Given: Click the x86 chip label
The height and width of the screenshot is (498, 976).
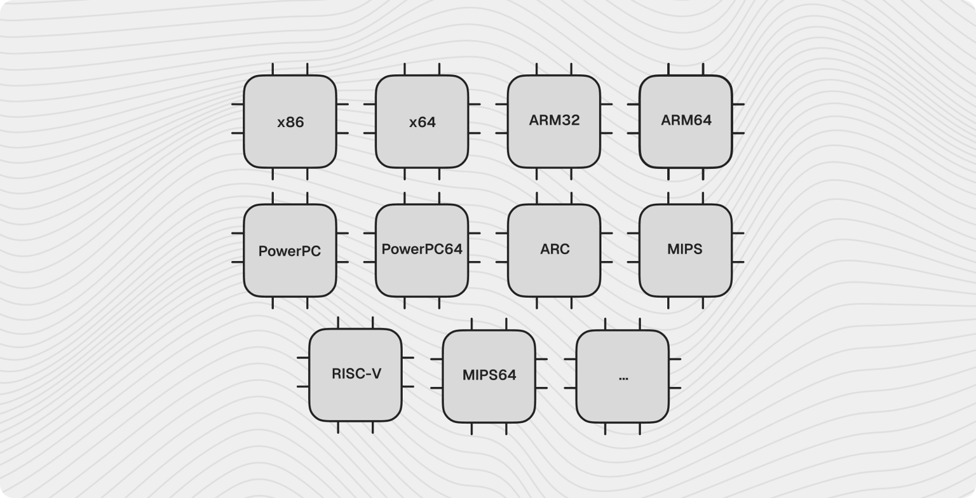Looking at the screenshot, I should click(x=290, y=122).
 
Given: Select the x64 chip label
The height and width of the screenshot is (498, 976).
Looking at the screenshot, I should click(x=422, y=122).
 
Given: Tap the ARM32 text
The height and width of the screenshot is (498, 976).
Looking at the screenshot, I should click(x=554, y=120).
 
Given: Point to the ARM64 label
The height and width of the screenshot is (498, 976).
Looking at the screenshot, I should click(x=686, y=120).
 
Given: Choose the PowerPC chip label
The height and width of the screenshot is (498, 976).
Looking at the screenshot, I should click(x=290, y=251).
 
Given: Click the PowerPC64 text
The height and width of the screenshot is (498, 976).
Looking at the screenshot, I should click(x=422, y=249).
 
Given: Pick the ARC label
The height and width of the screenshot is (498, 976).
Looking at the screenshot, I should click(x=555, y=249).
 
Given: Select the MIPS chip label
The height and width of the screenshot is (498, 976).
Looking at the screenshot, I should click(x=685, y=249).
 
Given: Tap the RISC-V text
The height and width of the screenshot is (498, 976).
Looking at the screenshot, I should click(x=356, y=373).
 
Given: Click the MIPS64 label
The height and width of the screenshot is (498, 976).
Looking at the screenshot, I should click(x=489, y=375).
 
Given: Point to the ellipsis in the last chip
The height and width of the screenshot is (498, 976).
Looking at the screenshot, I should click(x=623, y=377).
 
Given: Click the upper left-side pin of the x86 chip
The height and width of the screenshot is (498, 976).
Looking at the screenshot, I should click(x=238, y=104).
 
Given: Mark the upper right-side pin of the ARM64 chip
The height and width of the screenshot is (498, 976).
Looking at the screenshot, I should click(x=738, y=104).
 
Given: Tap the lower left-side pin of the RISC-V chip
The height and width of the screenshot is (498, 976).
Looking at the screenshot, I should click(x=303, y=386).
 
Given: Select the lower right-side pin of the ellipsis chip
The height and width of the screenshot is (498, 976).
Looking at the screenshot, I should click(x=675, y=387).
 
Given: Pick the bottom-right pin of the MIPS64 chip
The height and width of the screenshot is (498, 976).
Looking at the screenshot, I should click(x=506, y=429).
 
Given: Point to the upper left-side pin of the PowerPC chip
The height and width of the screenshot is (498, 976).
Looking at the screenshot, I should click(x=238, y=233).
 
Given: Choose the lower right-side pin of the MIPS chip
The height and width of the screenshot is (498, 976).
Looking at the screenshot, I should click(x=738, y=262).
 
